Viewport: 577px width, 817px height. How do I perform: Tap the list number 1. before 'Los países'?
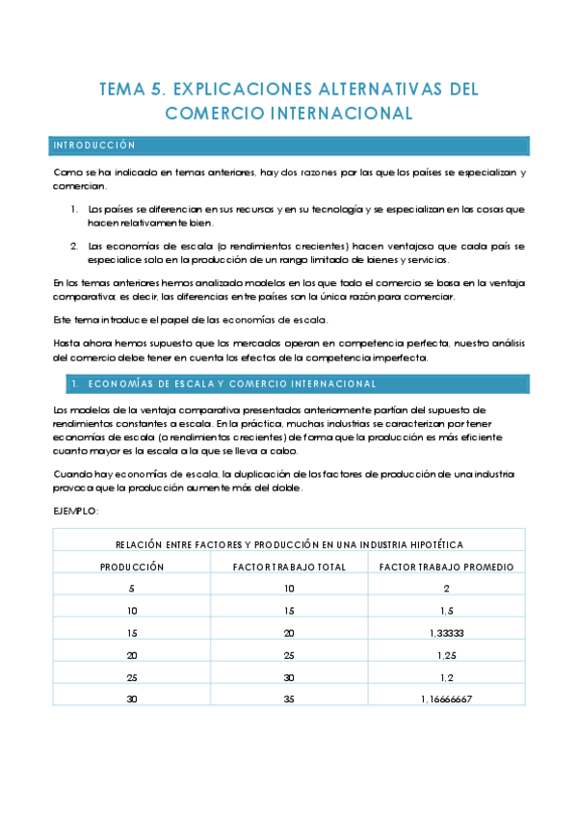tap(75, 208)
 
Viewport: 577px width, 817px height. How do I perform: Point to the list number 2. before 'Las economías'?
tap(75, 246)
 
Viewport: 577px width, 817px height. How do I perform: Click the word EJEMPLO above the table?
tap(76, 511)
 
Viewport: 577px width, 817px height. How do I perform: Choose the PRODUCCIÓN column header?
tap(132, 567)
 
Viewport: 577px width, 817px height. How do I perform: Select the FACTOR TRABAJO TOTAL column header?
tap(289, 567)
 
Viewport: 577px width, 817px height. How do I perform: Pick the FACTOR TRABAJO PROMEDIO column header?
tap(446, 567)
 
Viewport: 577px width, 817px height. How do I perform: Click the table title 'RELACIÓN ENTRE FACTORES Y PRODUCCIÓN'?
tap(289, 544)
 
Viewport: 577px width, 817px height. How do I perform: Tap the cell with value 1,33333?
tap(446, 632)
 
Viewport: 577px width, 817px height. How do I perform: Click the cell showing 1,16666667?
tap(446, 698)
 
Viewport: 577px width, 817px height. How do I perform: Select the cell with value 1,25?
tap(446, 654)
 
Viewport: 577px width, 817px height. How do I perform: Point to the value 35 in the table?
tap(289, 698)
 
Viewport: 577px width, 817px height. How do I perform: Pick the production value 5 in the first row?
tap(132, 588)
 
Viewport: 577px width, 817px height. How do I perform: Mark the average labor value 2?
tap(446, 588)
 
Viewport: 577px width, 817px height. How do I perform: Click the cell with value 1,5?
tap(446, 610)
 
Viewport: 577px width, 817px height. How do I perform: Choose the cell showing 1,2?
tap(446, 676)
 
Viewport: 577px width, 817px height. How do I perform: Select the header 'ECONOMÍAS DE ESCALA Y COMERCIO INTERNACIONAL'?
tap(231, 383)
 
